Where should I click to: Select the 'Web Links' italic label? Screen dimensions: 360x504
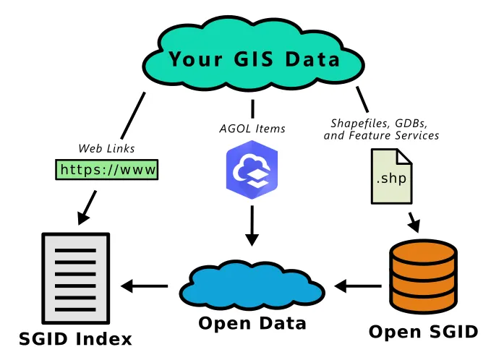click(x=106, y=149)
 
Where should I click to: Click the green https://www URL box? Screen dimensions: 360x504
click(x=107, y=170)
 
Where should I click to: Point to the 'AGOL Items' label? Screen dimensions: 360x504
click(x=252, y=129)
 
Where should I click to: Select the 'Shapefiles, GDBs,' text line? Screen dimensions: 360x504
click(x=383, y=123)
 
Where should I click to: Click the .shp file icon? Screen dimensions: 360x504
click(x=391, y=176)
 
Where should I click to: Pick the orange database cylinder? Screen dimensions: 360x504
click(x=423, y=278)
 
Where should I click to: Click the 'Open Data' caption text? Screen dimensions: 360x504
click(x=252, y=322)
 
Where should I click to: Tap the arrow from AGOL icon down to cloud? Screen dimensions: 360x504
click(x=252, y=226)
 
